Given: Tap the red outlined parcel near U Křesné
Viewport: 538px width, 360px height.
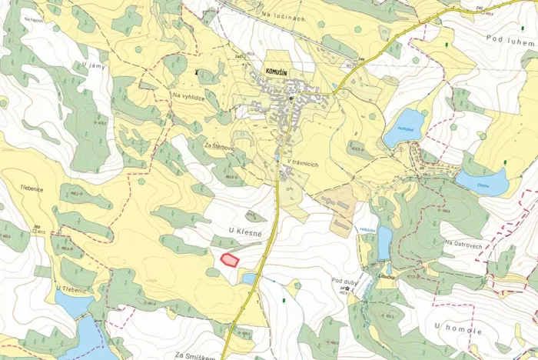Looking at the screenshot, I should (229, 259).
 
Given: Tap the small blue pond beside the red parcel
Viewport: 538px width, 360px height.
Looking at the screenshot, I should (247, 278).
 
